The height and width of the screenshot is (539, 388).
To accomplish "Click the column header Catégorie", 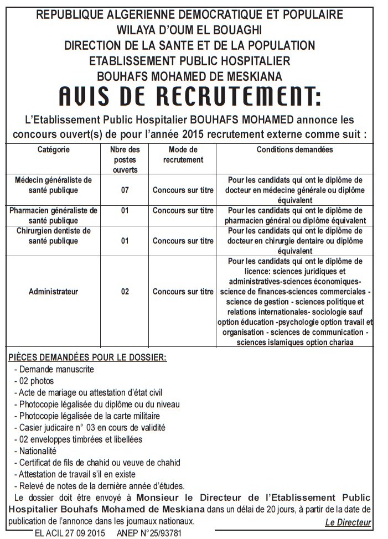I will coord(54,150).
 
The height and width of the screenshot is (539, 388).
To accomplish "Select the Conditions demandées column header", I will coord(294,150).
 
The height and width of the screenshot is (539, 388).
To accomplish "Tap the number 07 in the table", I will coord(125,190).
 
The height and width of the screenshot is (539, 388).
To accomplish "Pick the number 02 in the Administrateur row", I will coord(125,292).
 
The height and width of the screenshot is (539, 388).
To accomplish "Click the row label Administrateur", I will coord(54,292).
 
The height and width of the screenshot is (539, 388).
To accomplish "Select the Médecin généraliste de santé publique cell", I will coord(54,185).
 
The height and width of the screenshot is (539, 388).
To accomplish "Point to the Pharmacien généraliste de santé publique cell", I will coord(54,215).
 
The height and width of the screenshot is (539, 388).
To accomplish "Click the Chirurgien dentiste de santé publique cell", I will coord(54,236).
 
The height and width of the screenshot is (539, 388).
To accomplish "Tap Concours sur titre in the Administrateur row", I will coord(183,292).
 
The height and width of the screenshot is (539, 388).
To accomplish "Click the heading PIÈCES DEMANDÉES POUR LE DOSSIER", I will coord(87,357).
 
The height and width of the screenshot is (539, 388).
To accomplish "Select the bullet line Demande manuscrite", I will coord(54,369).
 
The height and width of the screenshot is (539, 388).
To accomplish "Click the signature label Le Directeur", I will coord(348,522).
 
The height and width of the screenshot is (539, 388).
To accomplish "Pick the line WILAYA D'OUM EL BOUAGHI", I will coord(189,30).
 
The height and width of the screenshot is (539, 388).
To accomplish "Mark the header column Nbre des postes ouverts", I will coord(125,159).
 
